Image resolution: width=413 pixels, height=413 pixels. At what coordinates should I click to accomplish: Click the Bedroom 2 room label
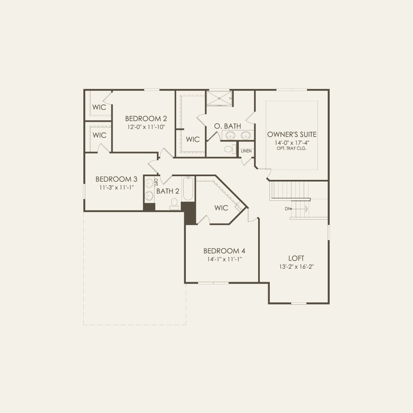pyautogui.click(x=146, y=119)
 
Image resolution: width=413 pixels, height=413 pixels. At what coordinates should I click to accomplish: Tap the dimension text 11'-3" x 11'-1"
pyautogui.click(x=116, y=188)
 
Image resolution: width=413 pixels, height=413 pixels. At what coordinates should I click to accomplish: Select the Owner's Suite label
pyautogui.click(x=292, y=135)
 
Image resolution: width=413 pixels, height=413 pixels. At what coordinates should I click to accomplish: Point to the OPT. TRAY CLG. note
pyautogui.click(x=291, y=148)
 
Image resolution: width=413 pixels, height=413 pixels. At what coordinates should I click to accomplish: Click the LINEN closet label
pyautogui.click(x=246, y=151)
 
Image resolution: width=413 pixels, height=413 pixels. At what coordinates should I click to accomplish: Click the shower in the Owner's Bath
pyautogui.click(x=218, y=98)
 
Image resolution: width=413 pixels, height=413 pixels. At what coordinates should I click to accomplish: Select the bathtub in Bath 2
pyautogui.click(x=188, y=189)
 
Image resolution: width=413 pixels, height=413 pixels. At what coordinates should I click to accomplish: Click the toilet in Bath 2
pyautogui.click(x=174, y=204)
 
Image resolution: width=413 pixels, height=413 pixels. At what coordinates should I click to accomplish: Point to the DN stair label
pyautogui.click(x=287, y=209)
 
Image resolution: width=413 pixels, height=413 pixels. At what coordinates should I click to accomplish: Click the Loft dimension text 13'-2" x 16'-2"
pyautogui.click(x=296, y=266)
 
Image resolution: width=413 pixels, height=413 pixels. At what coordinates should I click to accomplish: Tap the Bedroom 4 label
pyautogui.click(x=224, y=251)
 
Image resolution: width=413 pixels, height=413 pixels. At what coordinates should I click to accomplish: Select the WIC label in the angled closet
pyautogui.click(x=221, y=208)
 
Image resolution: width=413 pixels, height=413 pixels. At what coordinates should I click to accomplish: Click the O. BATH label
pyautogui.click(x=227, y=126)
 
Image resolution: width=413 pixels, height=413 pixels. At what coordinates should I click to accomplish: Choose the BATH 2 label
pyautogui.click(x=168, y=191)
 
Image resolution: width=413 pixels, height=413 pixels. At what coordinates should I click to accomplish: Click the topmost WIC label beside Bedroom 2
pyautogui.click(x=99, y=107)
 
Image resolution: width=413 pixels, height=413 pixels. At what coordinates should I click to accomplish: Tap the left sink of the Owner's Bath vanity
pyautogui.click(x=230, y=135)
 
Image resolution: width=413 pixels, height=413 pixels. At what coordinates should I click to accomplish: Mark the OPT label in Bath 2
pyautogui.click(x=156, y=182)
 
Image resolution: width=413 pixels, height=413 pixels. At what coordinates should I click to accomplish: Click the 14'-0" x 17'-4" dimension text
pyautogui.click(x=292, y=143)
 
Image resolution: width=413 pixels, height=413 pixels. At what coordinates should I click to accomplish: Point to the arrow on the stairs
pyautogui.click(x=305, y=209)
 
